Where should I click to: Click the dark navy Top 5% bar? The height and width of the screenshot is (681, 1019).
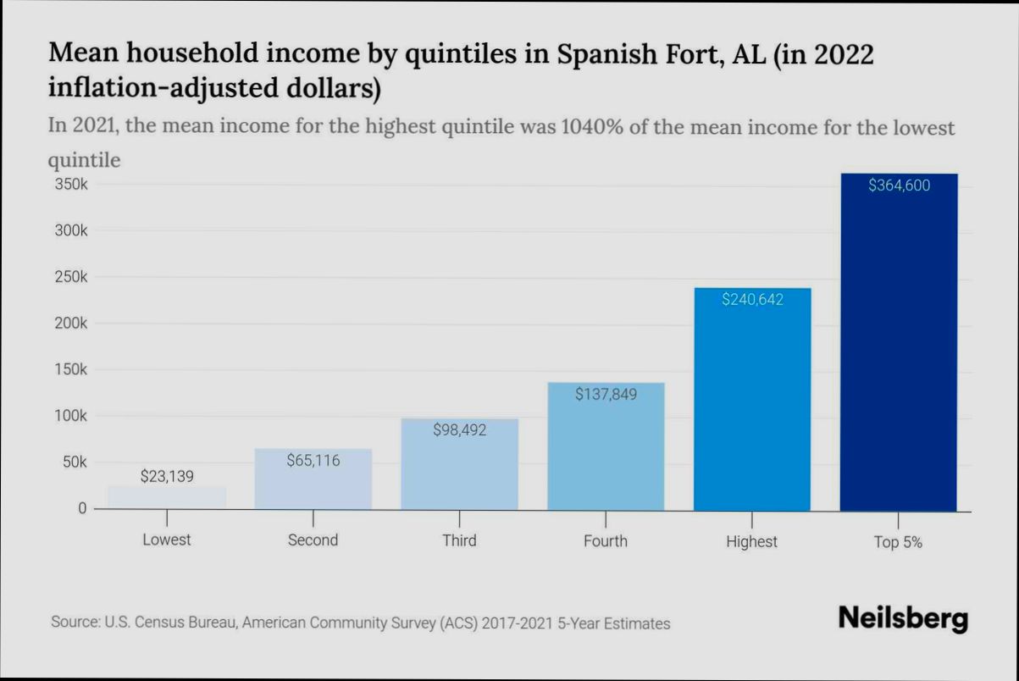898,356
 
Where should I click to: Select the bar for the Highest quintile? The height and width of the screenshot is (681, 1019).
751,407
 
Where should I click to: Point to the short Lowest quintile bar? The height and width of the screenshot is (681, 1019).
167,497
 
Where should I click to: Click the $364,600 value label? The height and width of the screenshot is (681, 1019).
899,185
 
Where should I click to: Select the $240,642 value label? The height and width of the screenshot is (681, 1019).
752,299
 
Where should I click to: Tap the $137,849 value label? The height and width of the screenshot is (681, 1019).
606,394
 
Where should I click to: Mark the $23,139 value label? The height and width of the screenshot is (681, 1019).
167,476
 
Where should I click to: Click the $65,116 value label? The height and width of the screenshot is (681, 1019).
313,460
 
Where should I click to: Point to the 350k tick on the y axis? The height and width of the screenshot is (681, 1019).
71,185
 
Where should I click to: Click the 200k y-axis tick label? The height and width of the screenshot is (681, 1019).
71,324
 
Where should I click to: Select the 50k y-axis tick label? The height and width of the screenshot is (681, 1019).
75,462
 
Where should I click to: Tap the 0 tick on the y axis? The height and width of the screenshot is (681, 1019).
82,508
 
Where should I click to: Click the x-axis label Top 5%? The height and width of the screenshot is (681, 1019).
898,543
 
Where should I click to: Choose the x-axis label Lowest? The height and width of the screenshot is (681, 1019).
167,540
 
